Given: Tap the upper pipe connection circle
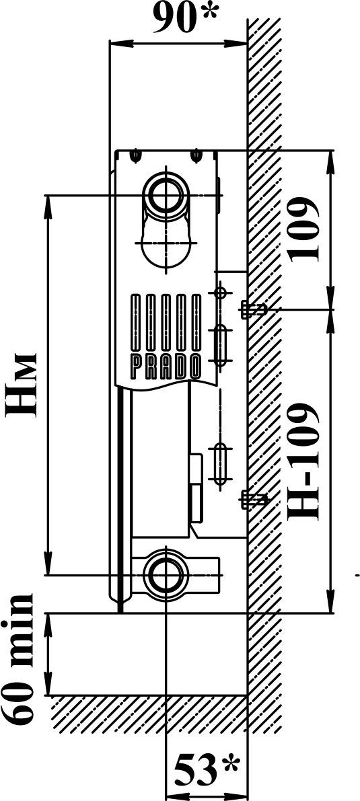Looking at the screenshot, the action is pos(166,194).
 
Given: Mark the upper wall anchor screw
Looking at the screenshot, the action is pos(253,309).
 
